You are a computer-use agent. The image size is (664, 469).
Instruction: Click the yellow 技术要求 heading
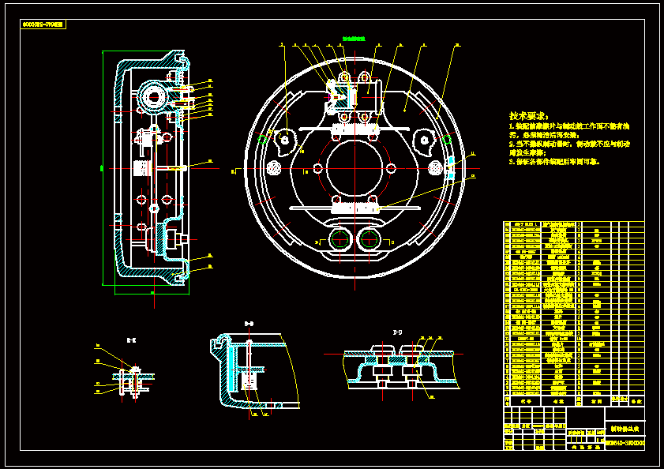pos(530,115)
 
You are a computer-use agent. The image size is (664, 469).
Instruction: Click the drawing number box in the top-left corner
pos(44,25)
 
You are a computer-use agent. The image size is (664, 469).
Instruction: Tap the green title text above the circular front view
pos(353,38)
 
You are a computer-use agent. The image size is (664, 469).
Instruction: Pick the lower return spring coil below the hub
pos(356,208)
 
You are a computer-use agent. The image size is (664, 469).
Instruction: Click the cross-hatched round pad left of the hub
pos(276,168)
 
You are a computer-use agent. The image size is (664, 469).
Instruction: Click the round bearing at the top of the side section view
pos(153,98)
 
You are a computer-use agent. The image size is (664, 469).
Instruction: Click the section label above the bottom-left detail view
pos(131,340)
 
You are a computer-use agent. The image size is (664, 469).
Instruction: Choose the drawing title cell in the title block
pos(625,429)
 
